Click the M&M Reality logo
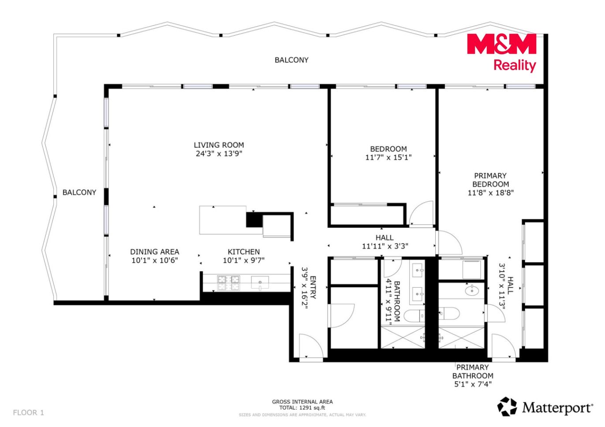(x=501, y=52)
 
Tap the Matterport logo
(x=545, y=407)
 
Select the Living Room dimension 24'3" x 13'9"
(x=219, y=154)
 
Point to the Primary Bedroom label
(x=490, y=184)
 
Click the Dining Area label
(x=154, y=256)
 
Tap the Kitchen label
(x=243, y=256)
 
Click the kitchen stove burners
(x=229, y=283)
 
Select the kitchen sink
(x=260, y=282)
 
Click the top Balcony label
(x=291, y=60)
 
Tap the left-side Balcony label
(x=79, y=193)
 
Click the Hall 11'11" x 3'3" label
(x=385, y=242)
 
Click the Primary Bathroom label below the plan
(x=473, y=375)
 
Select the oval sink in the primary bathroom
(x=472, y=291)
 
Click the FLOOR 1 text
(x=28, y=412)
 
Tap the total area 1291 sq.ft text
(x=302, y=408)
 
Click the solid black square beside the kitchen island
(x=254, y=219)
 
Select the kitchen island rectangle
(x=223, y=220)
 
